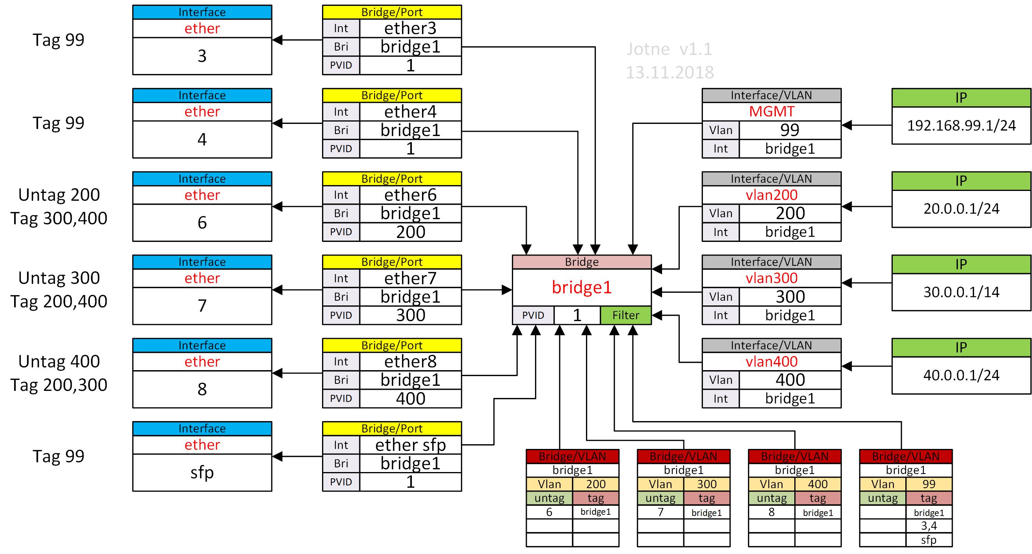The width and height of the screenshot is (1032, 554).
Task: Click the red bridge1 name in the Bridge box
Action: click(x=581, y=287)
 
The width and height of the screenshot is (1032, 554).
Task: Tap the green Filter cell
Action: click(x=625, y=315)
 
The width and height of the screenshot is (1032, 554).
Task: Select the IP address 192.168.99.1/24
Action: click(x=961, y=125)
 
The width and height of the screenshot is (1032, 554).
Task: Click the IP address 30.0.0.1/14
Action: click(x=961, y=292)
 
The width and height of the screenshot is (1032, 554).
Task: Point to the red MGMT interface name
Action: click(x=771, y=111)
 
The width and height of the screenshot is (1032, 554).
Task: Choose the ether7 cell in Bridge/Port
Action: click(x=410, y=278)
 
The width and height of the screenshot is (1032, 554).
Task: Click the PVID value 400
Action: click(x=410, y=399)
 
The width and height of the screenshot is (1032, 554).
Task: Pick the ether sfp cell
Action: click(x=410, y=445)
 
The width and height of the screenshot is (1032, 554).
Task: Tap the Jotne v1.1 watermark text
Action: click(x=670, y=49)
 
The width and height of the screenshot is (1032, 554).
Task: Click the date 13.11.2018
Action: click(x=670, y=73)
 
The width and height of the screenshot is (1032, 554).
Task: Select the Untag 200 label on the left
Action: click(x=59, y=195)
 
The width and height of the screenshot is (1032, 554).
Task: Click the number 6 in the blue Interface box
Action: click(x=202, y=222)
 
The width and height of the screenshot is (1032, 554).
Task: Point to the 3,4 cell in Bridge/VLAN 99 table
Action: click(x=928, y=525)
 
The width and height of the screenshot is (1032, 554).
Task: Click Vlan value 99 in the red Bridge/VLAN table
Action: click(x=928, y=484)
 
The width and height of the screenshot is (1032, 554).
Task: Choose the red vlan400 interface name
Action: click(x=771, y=361)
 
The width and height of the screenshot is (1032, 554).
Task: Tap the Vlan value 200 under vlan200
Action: click(x=790, y=213)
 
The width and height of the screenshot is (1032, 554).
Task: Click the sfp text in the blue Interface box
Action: click(x=202, y=472)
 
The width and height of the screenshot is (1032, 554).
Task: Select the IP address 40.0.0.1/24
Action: click(x=961, y=375)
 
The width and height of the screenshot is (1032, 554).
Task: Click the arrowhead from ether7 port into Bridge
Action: click(x=507, y=290)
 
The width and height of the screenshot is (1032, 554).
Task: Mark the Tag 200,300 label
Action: click(x=59, y=385)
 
